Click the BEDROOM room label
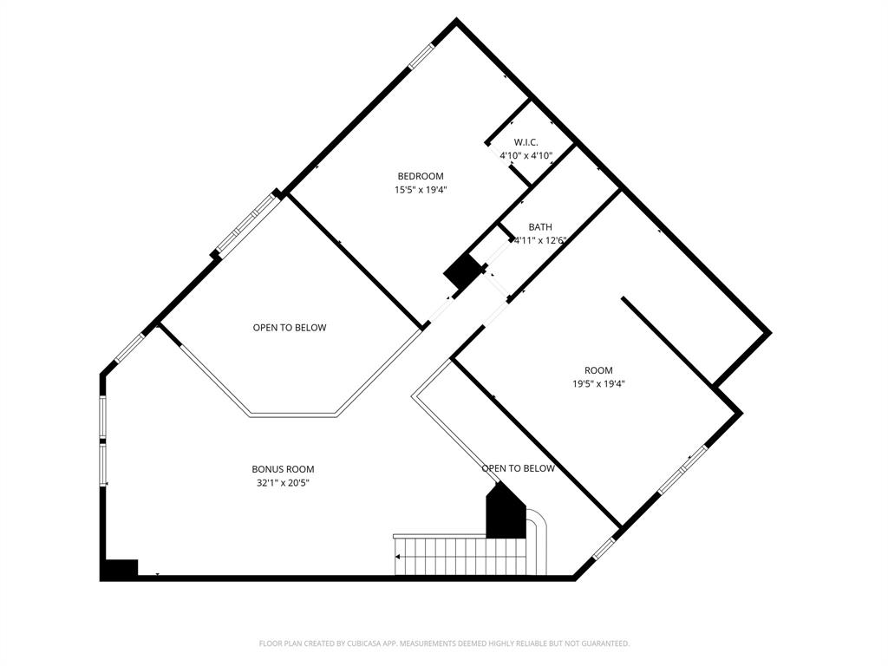click(421, 176)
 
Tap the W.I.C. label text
click(526, 142)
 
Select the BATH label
click(540, 227)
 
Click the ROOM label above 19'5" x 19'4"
click(598, 370)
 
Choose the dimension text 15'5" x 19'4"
click(421, 189)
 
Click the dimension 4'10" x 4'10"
click(526, 155)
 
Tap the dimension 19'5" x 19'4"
click(598, 383)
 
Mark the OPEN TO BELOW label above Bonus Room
click(290, 328)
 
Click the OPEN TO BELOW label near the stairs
click(518, 469)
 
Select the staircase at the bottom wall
click(460, 556)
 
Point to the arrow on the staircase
click(399, 557)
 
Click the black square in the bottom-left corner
click(120, 570)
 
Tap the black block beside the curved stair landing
click(506, 513)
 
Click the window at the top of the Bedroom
click(421, 55)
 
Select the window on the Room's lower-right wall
click(682, 472)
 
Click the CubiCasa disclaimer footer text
click(444, 643)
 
